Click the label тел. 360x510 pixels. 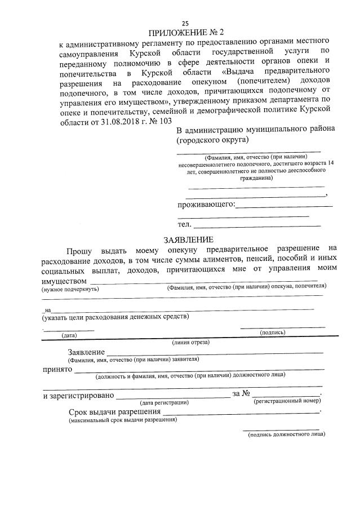coord(184,225)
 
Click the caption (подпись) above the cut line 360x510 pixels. coord(272,332)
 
